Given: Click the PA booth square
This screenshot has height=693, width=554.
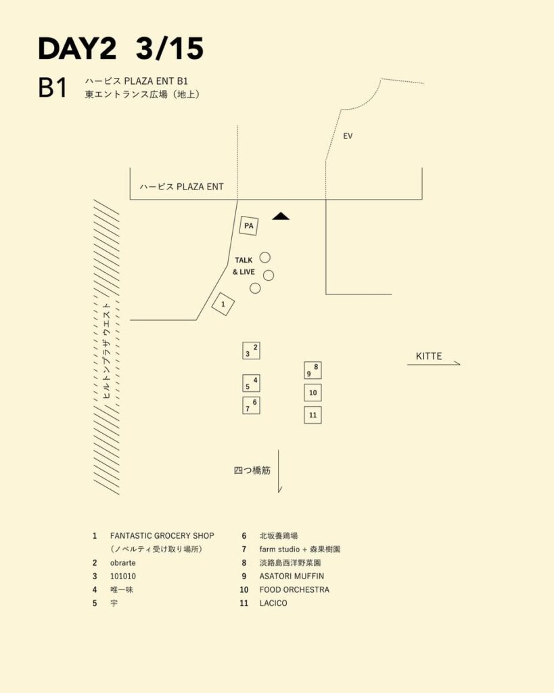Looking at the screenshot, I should click(x=249, y=225).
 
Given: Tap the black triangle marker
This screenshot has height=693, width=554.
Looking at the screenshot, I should click(x=281, y=216).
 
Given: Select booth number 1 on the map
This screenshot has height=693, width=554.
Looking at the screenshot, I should click(x=223, y=305).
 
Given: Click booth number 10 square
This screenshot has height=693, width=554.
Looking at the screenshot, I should click(x=313, y=393).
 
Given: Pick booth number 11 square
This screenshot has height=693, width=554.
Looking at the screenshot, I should click(x=313, y=415).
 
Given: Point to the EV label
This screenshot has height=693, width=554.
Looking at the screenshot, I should click(x=348, y=136).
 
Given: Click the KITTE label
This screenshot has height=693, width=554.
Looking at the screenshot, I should click(x=429, y=356).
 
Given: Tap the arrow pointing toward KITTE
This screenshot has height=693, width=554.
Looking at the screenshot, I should click(x=434, y=365).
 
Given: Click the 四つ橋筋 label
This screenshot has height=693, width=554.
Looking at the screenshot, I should click(x=252, y=470).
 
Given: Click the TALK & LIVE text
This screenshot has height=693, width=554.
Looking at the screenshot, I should click(x=244, y=266).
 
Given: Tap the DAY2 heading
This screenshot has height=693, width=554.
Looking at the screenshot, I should click(x=78, y=49).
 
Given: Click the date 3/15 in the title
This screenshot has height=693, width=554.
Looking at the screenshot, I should click(x=169, y=49).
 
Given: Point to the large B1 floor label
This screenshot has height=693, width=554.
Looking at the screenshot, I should click(x=53, y=89).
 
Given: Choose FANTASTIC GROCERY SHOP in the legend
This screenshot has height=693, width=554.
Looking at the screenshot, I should click(x=162, y=535).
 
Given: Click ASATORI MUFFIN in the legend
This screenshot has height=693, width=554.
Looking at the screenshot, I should click(x=292, y=576).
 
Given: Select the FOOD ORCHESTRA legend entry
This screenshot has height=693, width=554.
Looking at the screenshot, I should click(x=294, y=589).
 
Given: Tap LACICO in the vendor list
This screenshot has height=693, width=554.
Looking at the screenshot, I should click(x=273, y=603).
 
